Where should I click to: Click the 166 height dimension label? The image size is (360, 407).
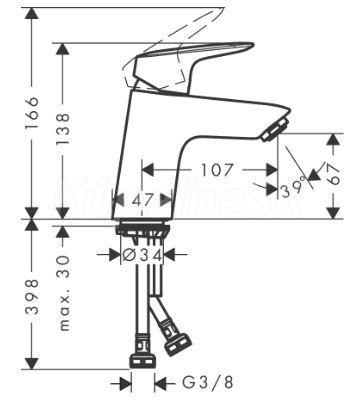coord(33,113)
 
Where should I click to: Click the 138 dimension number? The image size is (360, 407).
coord(63,128)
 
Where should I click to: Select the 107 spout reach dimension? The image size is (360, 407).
coord(216,170)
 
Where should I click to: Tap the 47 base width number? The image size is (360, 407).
coord(142,200)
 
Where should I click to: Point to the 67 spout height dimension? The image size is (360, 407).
coord(333,175)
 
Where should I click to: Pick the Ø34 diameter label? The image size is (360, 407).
coord(142,255)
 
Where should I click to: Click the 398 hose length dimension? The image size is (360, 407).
coord(32,297)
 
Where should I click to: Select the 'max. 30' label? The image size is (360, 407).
coord(63,293)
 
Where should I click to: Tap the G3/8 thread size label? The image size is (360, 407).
coord(207,383)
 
